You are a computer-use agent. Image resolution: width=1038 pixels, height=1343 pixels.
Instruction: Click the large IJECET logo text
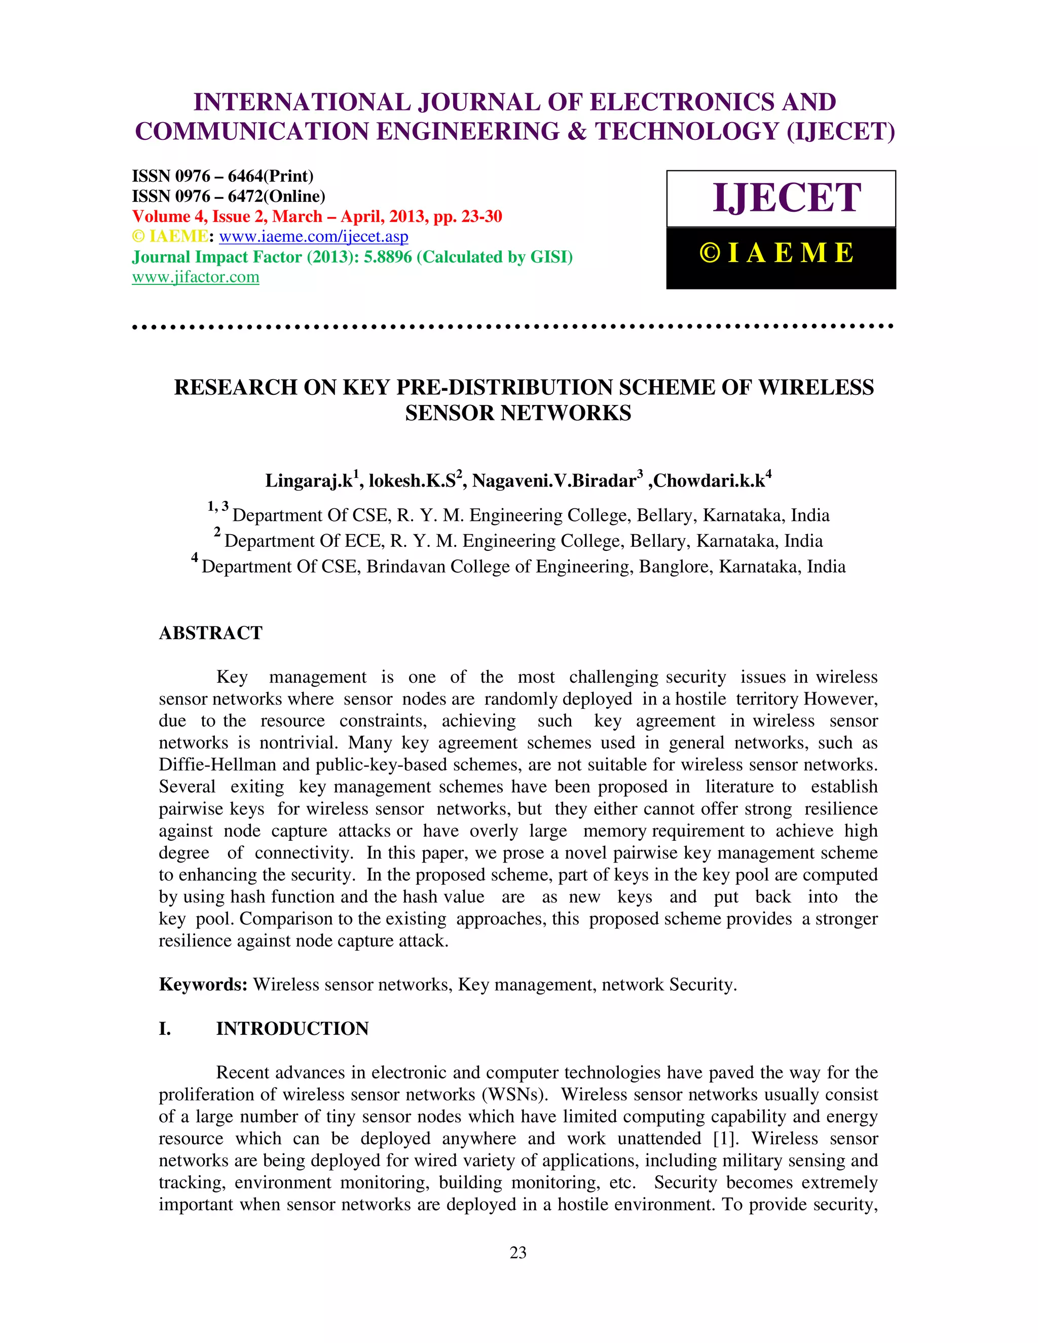[786, 198]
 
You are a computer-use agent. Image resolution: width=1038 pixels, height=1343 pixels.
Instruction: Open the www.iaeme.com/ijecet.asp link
[313, 237]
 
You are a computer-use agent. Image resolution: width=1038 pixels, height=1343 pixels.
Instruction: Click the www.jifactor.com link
[196, 277]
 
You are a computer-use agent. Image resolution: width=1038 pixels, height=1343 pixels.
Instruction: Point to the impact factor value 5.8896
[387, 257]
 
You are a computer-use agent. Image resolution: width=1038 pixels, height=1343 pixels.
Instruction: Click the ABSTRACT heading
[210, 633]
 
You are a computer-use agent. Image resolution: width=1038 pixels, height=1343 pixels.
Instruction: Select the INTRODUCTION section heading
[292, 1029]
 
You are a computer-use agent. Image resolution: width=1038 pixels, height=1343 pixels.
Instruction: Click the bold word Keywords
[203, 985]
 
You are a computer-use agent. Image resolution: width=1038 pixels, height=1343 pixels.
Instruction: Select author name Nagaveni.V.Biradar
[553, 481]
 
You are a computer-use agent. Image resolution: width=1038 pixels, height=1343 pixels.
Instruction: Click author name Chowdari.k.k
[709, 481]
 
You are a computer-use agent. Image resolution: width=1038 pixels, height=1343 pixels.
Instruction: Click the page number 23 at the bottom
[518, 1253]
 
